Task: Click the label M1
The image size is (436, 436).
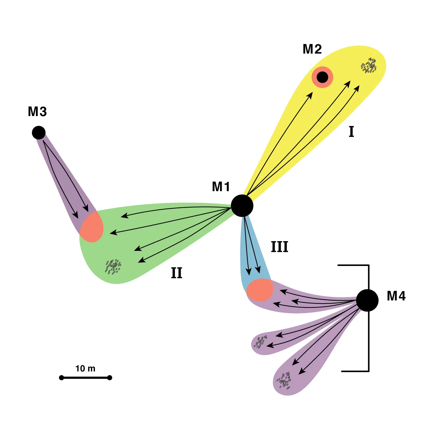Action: [221, 187]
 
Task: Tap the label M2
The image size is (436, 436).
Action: [312, 49]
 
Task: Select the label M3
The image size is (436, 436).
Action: [37, 112]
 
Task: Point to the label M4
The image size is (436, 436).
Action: [396, 296]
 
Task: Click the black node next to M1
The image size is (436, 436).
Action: [242, 206]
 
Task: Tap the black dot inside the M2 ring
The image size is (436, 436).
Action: [322, 77]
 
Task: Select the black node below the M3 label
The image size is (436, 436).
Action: [39, 133]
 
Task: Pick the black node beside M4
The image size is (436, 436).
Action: [367, 301]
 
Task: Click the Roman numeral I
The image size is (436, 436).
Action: [351, 132]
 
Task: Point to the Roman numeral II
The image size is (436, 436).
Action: [177, 273]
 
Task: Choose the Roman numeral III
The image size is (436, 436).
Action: [279, 247]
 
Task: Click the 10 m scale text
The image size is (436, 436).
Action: [85, 369]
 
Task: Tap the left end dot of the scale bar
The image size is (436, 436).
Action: [61, 378]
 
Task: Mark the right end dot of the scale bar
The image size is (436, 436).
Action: [110, 378]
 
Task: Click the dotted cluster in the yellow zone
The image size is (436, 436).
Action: [369, 66]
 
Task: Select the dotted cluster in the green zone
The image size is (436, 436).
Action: [113, 267]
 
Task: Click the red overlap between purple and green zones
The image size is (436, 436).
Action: [91, 227]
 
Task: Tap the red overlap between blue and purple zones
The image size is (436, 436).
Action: [260, 290]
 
